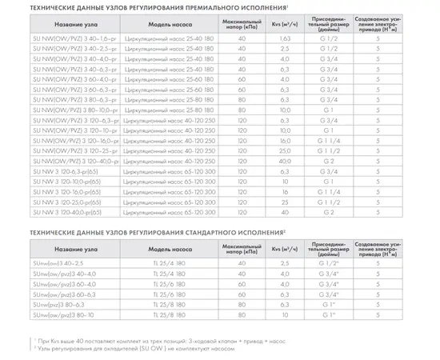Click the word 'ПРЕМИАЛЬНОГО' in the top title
[231, 6]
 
